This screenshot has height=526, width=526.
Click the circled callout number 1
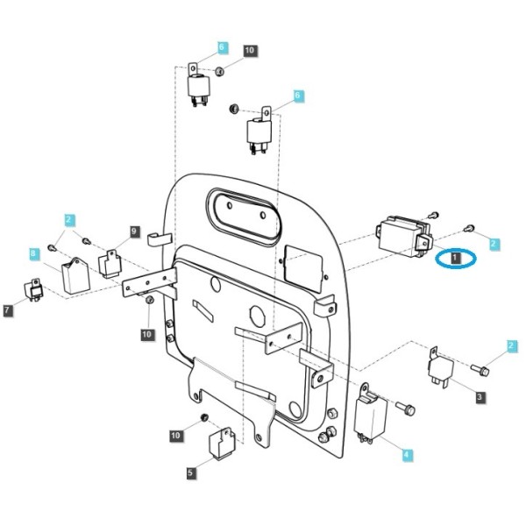pyautogui.click(x=455, y=258)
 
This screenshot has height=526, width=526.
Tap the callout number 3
pyautogui.click(x=480, y=397)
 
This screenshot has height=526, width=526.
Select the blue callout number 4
pyautogui.click(x=407, y=455)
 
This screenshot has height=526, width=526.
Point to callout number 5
pyautogui.click(x=190, y=473)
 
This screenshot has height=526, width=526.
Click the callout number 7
pyautogui.click(x=8, y=310)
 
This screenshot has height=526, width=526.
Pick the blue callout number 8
pyautogui.click(x=33, y=253)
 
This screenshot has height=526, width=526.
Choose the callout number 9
pyautogui.click(x=134, y=231)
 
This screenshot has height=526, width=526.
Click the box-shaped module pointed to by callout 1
pyautogui.click(x=403, y=236)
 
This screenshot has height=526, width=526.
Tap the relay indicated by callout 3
pyautogui.click(x=442, y=367)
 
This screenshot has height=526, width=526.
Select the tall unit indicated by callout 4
pyautogui.click(x=371, y=414)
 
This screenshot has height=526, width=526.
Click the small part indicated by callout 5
pyautogui.click(x=222, y=443)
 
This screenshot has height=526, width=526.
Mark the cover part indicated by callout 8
pyautogui.click(x=75, y=275)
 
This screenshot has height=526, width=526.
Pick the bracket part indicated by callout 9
pyautogui.click(x=110, y=264)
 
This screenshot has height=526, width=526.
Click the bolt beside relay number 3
pyautogui.click(x=480, y=370)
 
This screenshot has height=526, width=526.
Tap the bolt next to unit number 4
pyautogui.click(x=405, y=409)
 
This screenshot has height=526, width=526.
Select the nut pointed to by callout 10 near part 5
pyautogui.click(x=204, y=417)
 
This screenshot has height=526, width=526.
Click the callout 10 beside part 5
pyautogui.click(x=176, y=436)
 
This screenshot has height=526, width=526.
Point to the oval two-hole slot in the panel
pyautogui.click(x=245, y=214)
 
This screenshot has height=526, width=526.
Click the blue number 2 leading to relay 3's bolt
pyautogui.click(x=511, y=346)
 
